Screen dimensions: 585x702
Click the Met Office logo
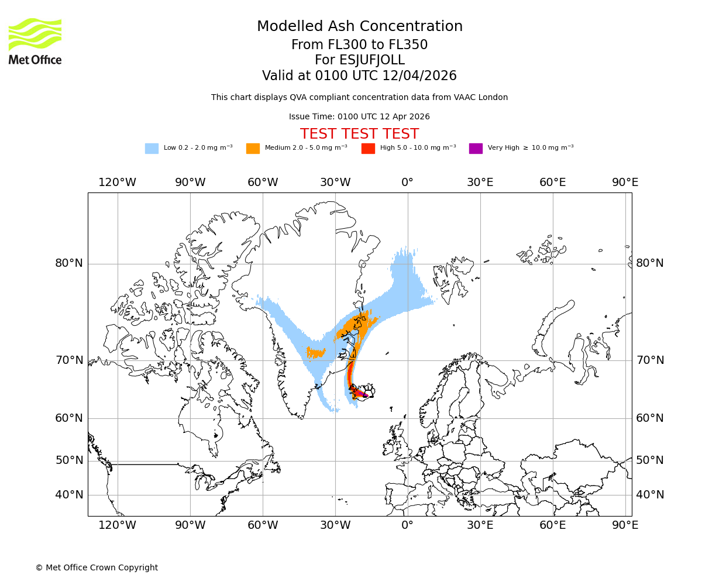click(35, 41)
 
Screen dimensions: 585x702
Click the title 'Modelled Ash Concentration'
click(359, 26)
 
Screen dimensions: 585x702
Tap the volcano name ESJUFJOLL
click(359, 60)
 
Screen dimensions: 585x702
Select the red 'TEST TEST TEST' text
click(359, 134)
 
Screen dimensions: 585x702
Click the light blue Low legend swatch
click(152, 148)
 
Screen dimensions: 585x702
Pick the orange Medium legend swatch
click(253, 148)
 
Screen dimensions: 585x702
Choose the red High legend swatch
click(368, 148)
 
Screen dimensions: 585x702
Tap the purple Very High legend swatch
click(476, 148)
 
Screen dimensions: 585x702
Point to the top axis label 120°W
click(117, 182)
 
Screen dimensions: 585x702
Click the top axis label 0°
click(408, 182)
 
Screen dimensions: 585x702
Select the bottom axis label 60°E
click(553, 525)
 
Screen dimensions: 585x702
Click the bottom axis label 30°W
click(335, 525)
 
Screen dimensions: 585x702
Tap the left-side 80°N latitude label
click(69, 263)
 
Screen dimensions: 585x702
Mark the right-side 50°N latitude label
click(650, 460)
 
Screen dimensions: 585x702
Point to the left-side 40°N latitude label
click(69, 495)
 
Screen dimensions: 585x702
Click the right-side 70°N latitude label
click(650, 360)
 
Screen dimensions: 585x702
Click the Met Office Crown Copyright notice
click(97, 567)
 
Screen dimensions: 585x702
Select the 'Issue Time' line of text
click(359, 116)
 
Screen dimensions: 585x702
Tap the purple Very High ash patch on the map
click(364, 395)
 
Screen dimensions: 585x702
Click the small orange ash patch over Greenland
click(316, 352)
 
